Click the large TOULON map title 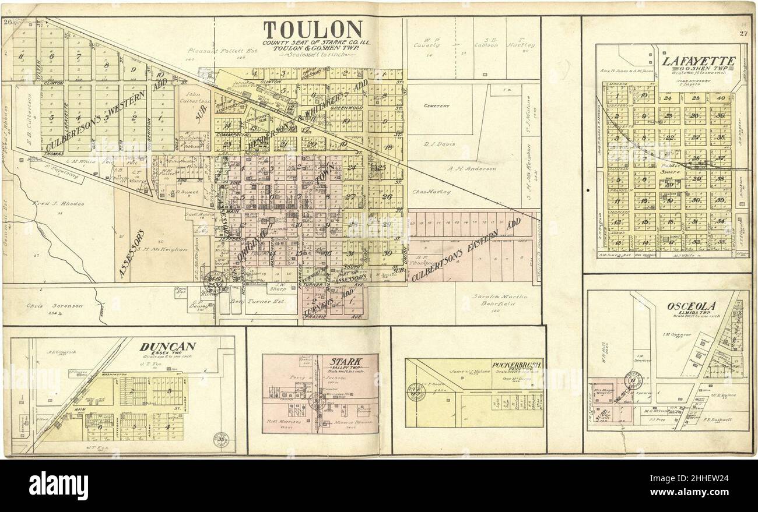pos(313,30)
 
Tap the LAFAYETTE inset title pos(698,61)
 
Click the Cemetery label pos(437,106)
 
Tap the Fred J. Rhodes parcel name pos(59,203)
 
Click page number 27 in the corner pos(742,33)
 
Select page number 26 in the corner pos(8,22)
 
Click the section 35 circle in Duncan pos(222,439)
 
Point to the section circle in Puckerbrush pos(416,391)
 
